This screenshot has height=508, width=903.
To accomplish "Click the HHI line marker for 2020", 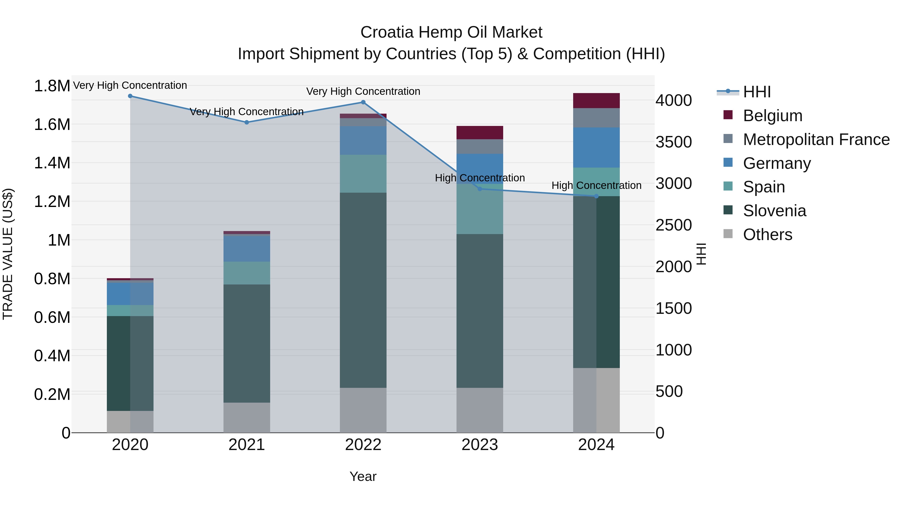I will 130,96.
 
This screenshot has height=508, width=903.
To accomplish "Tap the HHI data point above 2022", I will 363,102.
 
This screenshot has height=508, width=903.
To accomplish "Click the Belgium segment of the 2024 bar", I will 596,101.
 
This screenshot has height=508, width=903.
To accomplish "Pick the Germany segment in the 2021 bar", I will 247,249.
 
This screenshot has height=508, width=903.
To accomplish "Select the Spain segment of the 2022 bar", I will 363,174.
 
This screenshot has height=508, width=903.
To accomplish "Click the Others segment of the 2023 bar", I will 480,410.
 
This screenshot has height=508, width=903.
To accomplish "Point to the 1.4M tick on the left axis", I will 52,163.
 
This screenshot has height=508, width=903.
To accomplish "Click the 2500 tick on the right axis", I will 673,225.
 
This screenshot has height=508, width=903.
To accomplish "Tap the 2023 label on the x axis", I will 480,445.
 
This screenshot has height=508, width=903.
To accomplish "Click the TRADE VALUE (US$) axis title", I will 8,254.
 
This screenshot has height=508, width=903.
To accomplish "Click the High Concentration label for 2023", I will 480,178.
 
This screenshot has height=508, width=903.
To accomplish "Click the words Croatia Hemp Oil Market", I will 451,32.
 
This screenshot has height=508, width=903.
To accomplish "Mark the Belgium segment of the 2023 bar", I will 480,132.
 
